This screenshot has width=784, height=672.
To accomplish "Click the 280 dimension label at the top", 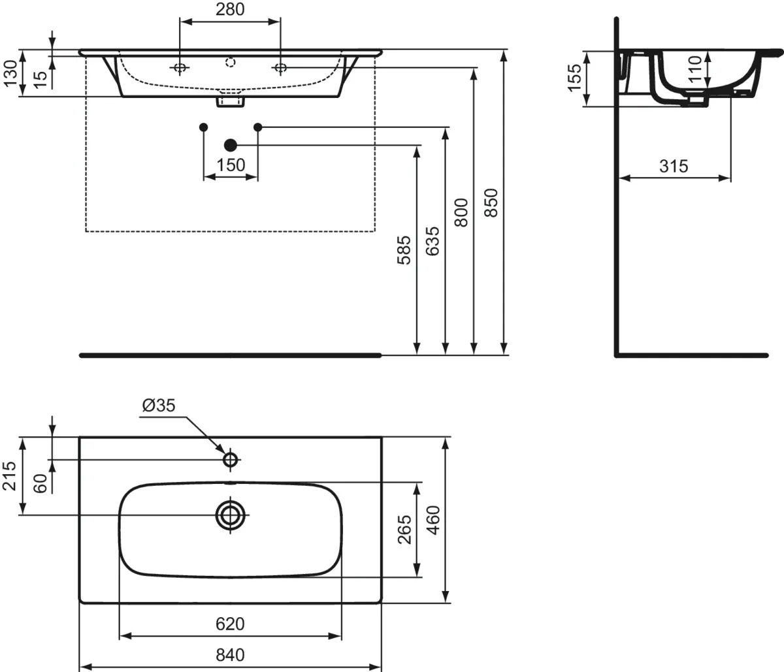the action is click(x=230, y=9).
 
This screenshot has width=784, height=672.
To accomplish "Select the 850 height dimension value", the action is click(x=491, y=203).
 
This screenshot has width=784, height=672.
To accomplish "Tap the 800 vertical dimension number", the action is click(x=461, y=212).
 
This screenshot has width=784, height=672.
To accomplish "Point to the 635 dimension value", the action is click(x=433, y=241).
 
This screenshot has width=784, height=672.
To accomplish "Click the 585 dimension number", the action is click(x=404, y=250).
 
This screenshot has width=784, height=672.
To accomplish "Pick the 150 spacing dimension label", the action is click(x=231, y=165).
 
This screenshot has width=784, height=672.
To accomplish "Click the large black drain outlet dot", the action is click(x=231, y=145).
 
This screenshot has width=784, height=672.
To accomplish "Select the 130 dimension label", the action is click(x=11, y=74).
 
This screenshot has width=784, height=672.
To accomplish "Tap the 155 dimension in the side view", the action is click(x=574, y=78).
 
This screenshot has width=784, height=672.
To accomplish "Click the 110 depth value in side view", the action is click(x=695, y=69).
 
